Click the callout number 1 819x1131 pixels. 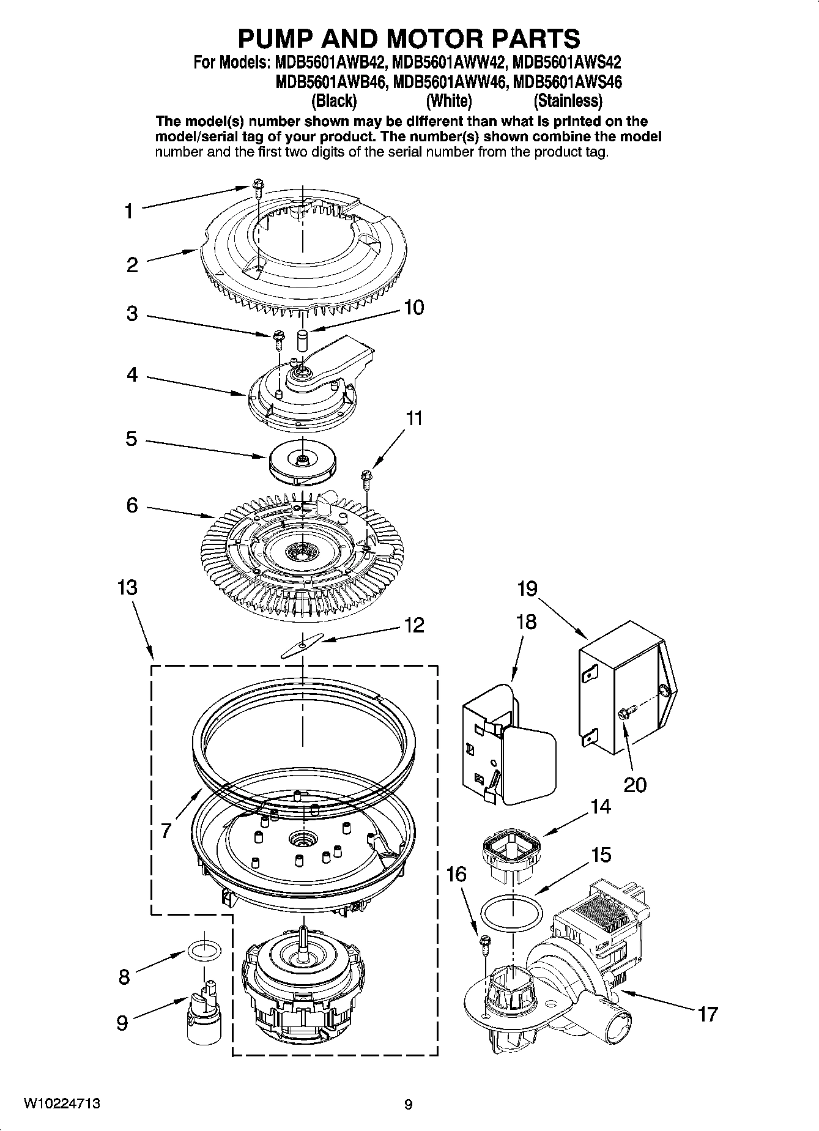128,212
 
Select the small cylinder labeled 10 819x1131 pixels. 302,339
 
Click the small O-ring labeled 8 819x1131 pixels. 204,951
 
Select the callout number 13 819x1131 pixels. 127,588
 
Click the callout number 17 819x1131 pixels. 707,1014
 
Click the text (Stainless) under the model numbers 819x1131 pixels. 568,100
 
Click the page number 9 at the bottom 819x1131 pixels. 409,1105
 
